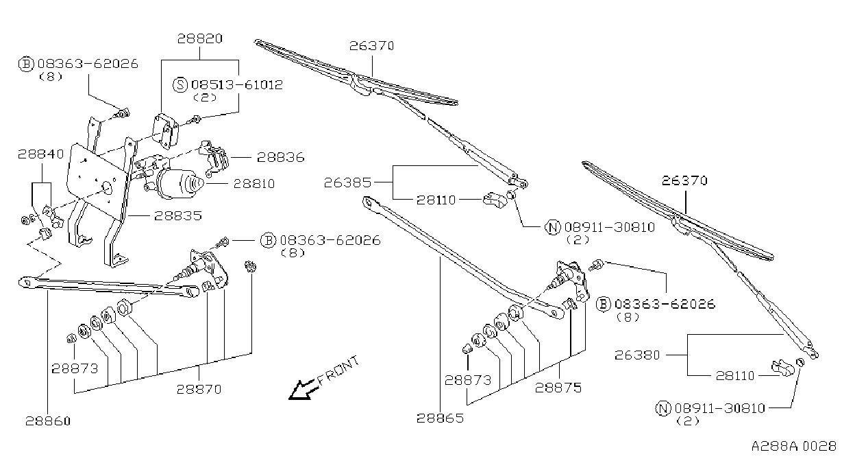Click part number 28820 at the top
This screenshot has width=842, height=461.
pos(199,39)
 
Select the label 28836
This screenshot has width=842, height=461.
pos(280,157)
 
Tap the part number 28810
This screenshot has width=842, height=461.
pos(254,184)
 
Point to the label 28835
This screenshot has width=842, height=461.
pos(178,215)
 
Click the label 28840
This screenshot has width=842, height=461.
pos(41,154)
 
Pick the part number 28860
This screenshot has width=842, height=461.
pos(48,421)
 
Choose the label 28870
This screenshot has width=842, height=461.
pos(199,389)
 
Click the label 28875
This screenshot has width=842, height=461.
pos(558,388)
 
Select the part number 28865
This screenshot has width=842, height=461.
pos(440,418)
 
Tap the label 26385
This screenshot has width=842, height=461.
pos(347,183)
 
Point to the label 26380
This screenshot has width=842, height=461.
pos(637,355)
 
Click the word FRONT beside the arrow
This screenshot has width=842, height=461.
pos(338,370)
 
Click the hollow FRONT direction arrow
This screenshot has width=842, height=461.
pos(303,390)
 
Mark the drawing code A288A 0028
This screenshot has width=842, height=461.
pos(794,447)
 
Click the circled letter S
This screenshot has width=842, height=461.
pos(180,84)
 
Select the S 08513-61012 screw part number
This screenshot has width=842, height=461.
pos(237,84)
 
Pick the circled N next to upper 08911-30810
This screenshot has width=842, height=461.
pos(553,227)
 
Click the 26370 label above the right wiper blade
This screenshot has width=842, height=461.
pos(684,180)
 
